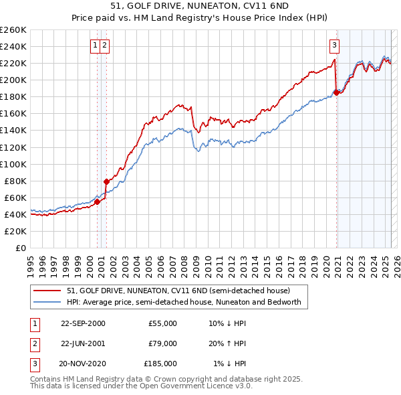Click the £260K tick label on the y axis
point(13,30)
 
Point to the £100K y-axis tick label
point(13,164)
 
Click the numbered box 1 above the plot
point(96,46)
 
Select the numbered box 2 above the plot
point(106,46)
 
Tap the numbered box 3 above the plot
point(333,46)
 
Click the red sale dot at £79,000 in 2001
point(106,181)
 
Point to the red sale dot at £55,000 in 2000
point(98,202)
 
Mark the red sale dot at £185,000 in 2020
point(336,92)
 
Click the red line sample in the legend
point(46,291)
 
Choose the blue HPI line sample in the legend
point(46,302)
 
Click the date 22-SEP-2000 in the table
point(83,323)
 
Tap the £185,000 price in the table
point(160,364)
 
